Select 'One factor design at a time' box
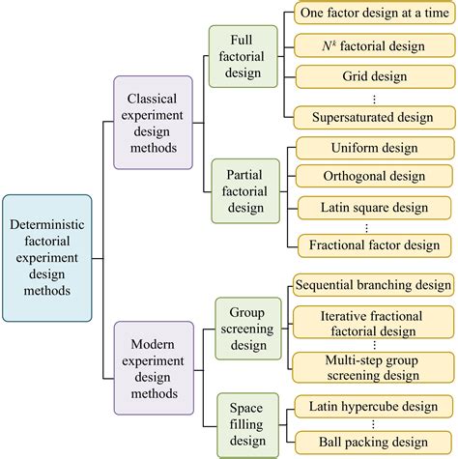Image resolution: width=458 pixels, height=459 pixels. click(x=372, y=14)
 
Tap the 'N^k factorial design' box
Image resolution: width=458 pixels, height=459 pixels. click(x=372, y=45)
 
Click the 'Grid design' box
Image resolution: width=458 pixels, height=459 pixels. click(x=372, y=75)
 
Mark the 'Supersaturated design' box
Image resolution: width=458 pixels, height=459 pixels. click(x=372, y=117)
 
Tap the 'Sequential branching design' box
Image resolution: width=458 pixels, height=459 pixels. click(x=372, y=286)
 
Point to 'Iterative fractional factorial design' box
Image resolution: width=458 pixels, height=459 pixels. click(x=372, y=323)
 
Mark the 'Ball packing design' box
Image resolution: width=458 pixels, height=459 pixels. click(x=372, y=443)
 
